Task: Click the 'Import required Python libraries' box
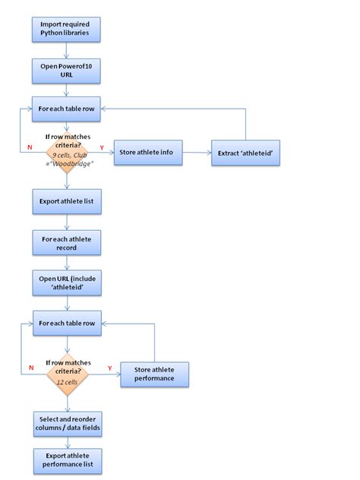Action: tap(65, 29)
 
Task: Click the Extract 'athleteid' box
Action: tap(245, 153)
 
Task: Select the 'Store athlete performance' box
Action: tap(154, 374)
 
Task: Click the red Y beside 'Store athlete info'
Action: tap(102, 147)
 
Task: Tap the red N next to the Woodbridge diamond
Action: tap(30, 146)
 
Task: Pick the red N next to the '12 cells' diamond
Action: tap(30, 368)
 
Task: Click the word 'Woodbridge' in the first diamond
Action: tap(73, 166)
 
